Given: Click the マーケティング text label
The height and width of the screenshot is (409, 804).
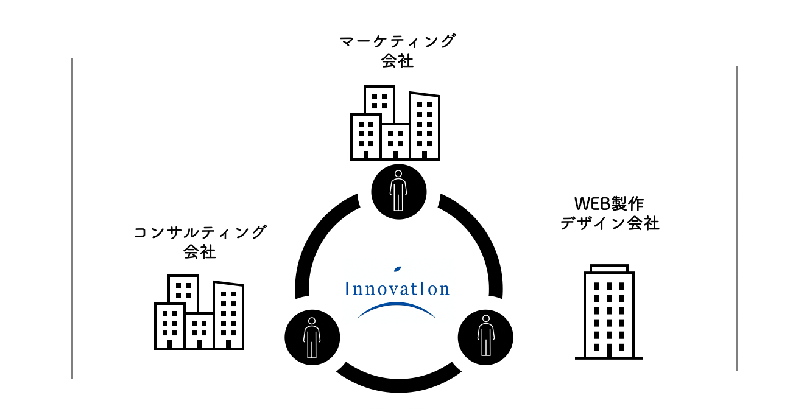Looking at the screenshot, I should tap(397, 41).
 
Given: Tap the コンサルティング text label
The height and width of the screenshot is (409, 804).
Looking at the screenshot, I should tap(200, 232).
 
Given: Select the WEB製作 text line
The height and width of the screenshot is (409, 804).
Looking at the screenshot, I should tap(609, 203).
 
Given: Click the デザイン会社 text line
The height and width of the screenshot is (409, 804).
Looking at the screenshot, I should tap(609, 223).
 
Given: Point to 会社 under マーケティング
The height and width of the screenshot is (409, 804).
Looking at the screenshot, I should tap(397, 61).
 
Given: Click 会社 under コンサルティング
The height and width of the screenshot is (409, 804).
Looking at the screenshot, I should tap(200, 252).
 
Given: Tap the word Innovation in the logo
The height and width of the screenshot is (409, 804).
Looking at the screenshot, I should tap(397, 288).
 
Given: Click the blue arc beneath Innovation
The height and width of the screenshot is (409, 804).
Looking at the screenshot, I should tap(397, 307).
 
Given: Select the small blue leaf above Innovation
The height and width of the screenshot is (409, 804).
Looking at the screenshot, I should tap(398, 268).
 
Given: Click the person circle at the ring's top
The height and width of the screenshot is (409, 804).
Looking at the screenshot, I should tap(398, 191).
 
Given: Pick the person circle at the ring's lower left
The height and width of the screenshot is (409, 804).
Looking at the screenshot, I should tap(312, 337).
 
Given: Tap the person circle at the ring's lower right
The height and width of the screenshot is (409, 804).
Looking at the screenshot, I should tap(485, 337).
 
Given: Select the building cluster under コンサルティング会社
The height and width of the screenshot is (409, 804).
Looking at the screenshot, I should tap(199, 313).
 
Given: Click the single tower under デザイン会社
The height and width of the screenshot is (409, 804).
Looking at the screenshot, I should tap(608, 313).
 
